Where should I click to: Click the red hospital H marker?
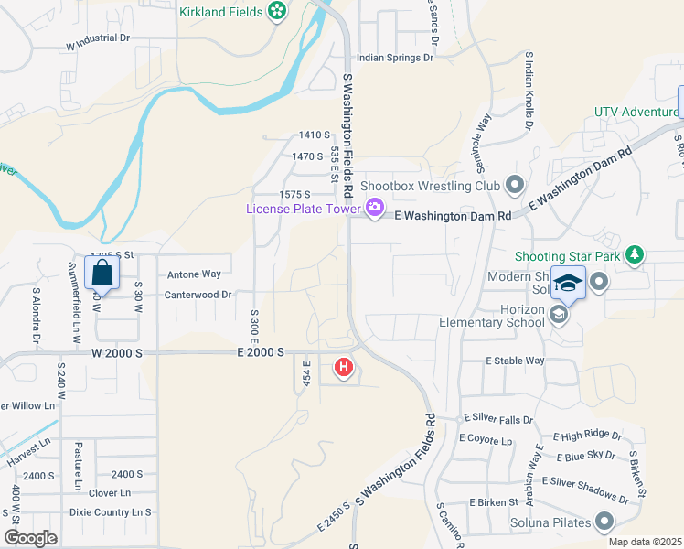[344, 369]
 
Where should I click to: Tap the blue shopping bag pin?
[102, 273]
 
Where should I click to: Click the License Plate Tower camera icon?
[375, 209]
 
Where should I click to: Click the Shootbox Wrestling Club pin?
[514, 186]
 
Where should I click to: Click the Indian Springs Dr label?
[394, 58]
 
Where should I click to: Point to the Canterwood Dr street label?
[198, 295]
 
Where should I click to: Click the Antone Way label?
[194, 274]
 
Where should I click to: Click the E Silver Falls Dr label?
[497, 418]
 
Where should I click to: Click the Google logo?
[31, 538]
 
